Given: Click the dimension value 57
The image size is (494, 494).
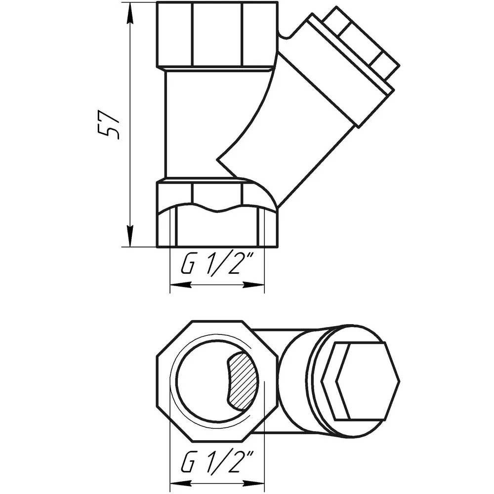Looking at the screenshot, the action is (109, 124).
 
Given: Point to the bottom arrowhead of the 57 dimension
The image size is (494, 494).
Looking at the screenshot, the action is (130, 236).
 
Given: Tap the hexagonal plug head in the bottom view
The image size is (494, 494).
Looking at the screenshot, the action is (360, 381).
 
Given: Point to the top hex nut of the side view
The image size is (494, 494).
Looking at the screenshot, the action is (217, 35).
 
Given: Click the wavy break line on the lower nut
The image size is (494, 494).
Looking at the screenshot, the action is (217, 208).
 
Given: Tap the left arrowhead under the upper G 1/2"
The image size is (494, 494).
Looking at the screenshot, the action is (181, 285).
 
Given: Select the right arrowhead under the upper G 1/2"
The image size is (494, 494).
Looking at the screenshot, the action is (253, 285).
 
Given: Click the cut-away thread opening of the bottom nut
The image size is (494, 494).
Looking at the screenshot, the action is (217, 228).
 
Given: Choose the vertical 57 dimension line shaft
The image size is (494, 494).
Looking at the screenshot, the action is (130, 124).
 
